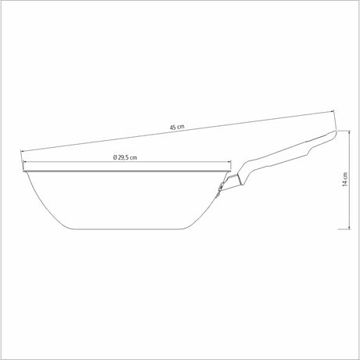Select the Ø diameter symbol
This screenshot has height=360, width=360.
pyautogui.click(x=114, y=158)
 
